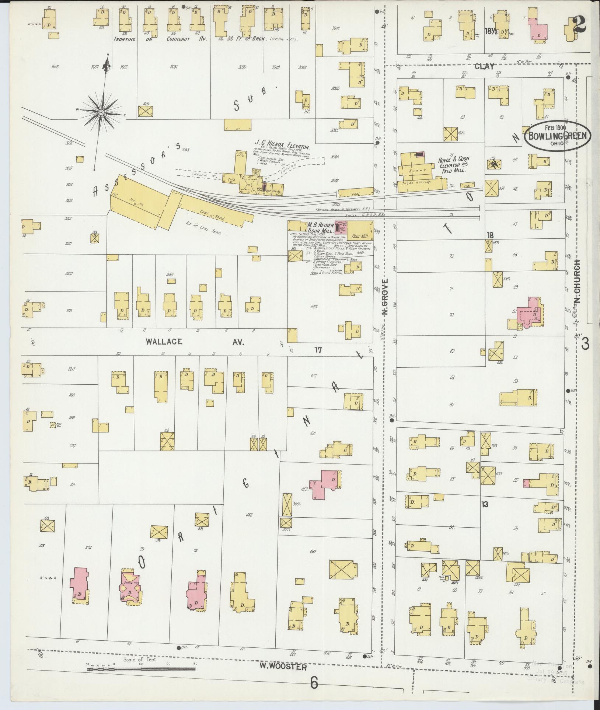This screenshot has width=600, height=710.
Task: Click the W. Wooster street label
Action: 283,667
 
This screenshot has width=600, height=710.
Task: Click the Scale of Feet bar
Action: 141,668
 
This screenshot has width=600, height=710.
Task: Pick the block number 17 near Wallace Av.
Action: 318,350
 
